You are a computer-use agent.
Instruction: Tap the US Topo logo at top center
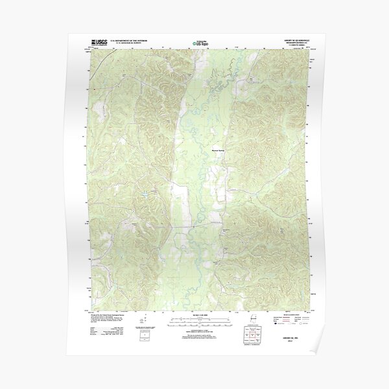199,45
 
